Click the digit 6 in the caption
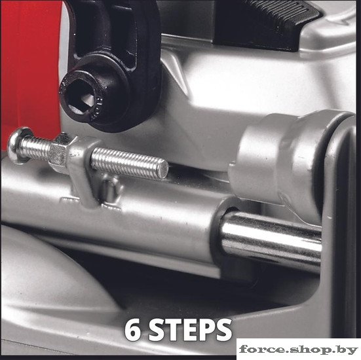click(x=132, y=331)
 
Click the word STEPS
click(x=190, y=331)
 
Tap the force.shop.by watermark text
click(x=298, y=350)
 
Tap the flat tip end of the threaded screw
click(x=163, y=169)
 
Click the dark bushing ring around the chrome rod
click(x=221, y=237)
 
